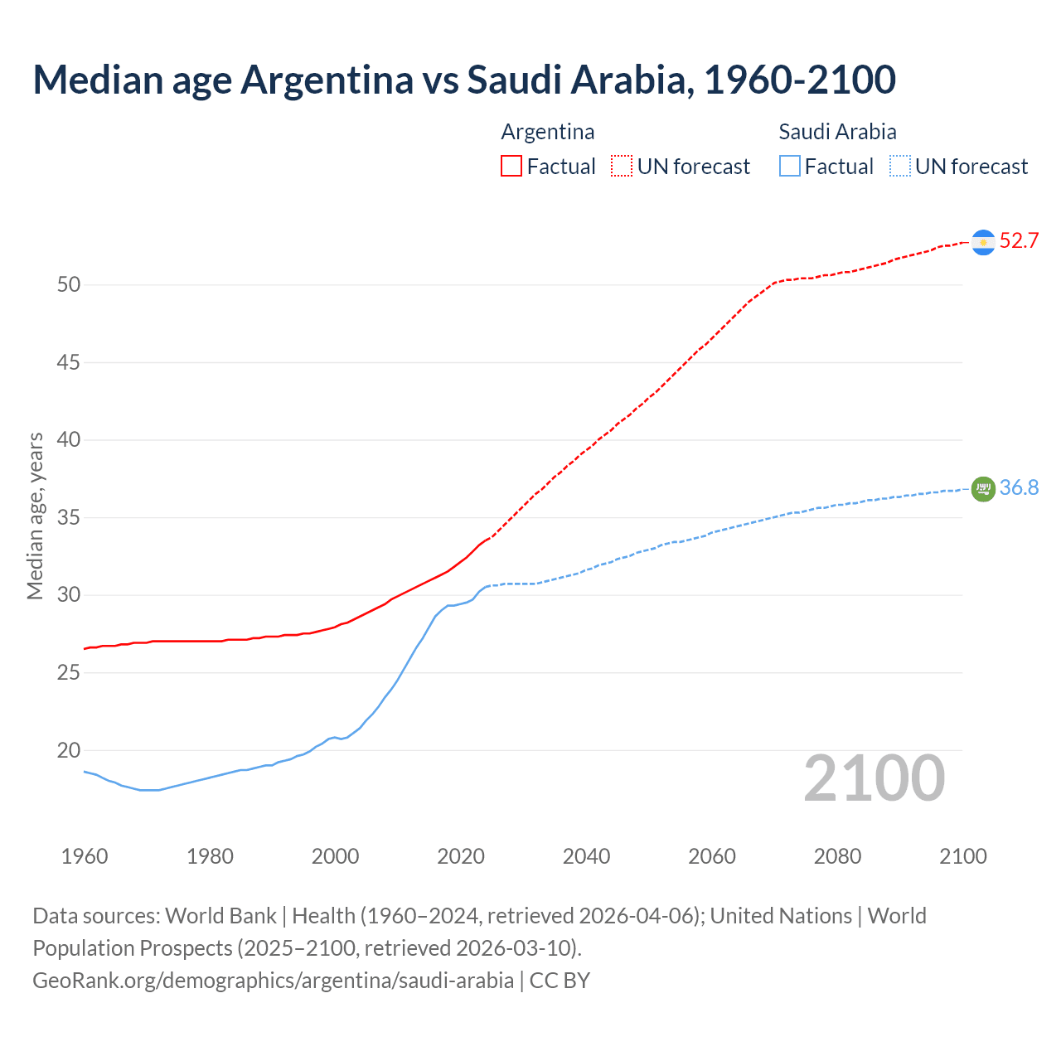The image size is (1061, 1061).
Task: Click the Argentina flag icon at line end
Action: point(983,242)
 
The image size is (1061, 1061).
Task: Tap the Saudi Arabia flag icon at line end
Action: point(983,489)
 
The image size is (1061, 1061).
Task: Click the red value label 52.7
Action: point(1019,241)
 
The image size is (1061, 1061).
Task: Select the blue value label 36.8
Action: point(1019,488)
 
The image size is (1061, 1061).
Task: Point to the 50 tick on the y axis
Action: point(69,285)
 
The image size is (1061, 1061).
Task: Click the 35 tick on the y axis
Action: point(69,518)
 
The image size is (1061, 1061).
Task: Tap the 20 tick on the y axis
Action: point(69,751)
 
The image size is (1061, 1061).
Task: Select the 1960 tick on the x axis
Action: point(85,856)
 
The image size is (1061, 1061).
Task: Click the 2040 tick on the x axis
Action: point(586,856)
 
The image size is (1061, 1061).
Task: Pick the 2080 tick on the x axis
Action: point(837,856)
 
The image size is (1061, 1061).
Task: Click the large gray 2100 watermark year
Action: point(874,778)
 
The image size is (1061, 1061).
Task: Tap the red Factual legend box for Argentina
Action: point(511,166)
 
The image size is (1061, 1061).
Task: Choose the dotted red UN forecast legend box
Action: point(622,166)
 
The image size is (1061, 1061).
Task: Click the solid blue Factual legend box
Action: point(790,166)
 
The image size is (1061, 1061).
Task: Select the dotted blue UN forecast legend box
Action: point(900,166)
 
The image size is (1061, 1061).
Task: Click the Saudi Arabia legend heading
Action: point(837,132)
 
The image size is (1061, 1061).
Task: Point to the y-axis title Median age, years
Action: point(35,516)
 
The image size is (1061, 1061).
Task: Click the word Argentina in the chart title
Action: point(327,80)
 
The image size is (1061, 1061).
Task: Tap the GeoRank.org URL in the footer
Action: point(273,981)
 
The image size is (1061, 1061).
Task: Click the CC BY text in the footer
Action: point(560,981)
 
